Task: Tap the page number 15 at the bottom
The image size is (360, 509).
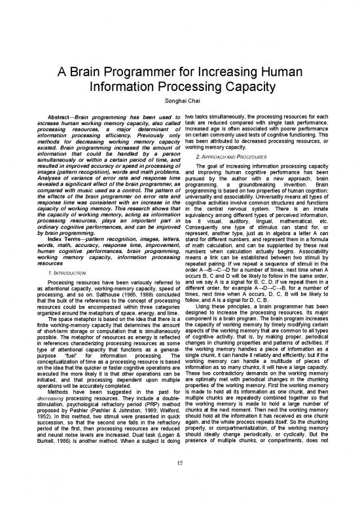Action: [x=179, y=483]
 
